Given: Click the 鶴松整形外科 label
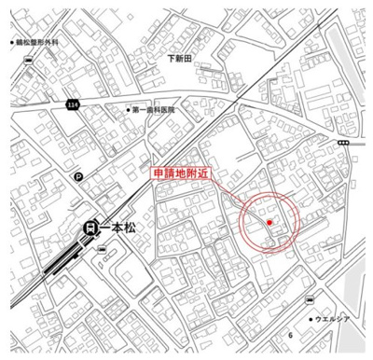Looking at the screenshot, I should [42, 43].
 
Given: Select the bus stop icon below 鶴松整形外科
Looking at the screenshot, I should [30, 62].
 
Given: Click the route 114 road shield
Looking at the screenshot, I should [73, 106].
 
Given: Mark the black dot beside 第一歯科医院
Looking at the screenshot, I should [128, 110].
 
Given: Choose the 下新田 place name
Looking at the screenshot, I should [179, 58].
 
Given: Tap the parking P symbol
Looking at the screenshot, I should [78, 177].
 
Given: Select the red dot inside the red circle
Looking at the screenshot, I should [269, 223].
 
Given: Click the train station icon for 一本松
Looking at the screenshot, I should [90, 226].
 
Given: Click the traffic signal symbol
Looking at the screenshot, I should [343, 142].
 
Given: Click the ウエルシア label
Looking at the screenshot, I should [333, 319].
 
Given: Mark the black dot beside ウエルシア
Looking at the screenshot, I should [311, 319].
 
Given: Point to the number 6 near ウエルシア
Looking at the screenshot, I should [291, 335].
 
